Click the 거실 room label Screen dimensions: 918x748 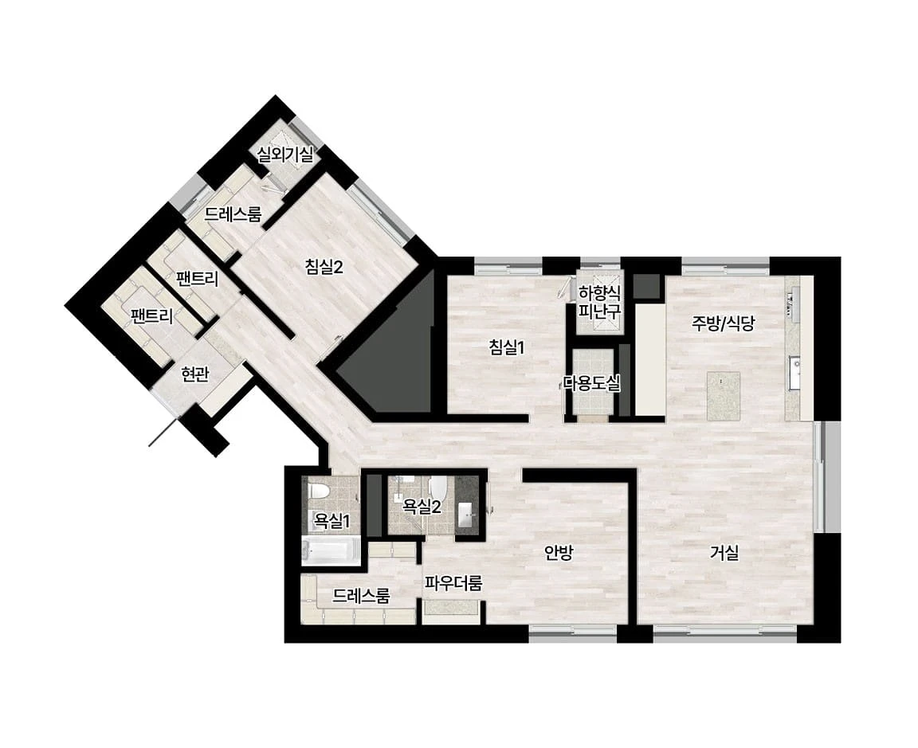[x=725, y=553]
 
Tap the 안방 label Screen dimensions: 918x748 [x=559, y=553]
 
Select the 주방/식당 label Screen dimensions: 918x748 [x=724, y=323]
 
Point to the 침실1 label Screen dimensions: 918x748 [x=507, y=347]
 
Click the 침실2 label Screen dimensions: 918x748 [x=324, y=267]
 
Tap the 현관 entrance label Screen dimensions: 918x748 [x=195, y=374]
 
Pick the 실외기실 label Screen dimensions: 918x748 [x=285, y=155]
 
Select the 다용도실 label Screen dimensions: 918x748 [x=591, y=384]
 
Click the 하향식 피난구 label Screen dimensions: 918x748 [x=599, y=301]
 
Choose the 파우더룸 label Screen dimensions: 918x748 [x=453, y=583]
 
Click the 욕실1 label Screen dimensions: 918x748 [x=332, y=521]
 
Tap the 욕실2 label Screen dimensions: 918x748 [x=422, y=507]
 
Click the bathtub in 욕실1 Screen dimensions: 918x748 [x=331, y=550]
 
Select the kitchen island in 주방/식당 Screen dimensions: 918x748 [x=723, y=396]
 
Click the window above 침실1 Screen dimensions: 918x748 [x=508, y=266]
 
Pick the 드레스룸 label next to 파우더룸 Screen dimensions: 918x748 [x=361, y=597]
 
